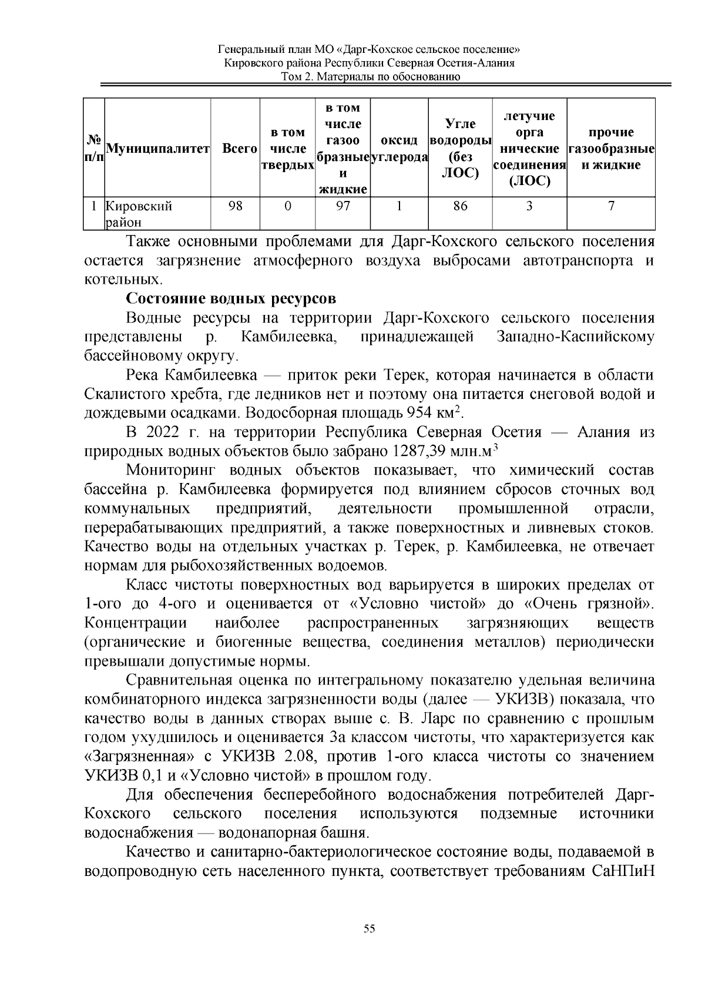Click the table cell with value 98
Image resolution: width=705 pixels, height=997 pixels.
[x=235, y=206]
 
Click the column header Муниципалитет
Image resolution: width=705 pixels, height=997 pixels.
[x=157, y=149]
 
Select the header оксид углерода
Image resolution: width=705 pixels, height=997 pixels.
[x=399, y=149]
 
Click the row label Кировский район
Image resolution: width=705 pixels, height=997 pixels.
[x=139, y=214]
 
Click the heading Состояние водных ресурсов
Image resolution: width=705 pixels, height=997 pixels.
[x=231, y=298]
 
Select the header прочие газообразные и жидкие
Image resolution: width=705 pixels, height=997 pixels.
[x=611, y=149]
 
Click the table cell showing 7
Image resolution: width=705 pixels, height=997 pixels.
[x=611, y=206]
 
